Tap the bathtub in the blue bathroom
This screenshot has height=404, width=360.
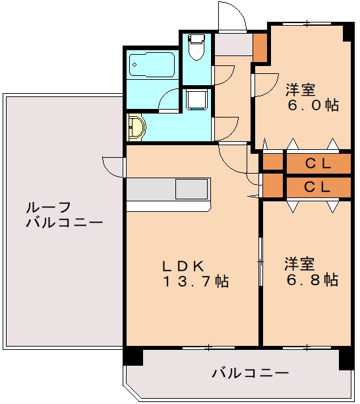coord(152,65)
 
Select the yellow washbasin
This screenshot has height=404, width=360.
coord(136,126)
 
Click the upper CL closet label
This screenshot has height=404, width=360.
coord(317,162)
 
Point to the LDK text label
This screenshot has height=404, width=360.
coord(183,265)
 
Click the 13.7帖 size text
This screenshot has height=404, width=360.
coord(196,282)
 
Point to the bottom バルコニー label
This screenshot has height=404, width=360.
coord(250,374)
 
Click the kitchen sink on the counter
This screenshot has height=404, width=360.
coord(192,189)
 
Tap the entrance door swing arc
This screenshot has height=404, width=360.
coord(231,16)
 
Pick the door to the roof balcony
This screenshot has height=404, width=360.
coord(115,166)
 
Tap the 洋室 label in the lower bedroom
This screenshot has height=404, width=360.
coord(299,263)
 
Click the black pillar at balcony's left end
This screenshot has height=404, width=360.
coord(133,356)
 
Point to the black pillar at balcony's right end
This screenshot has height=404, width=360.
coord(346,359)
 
